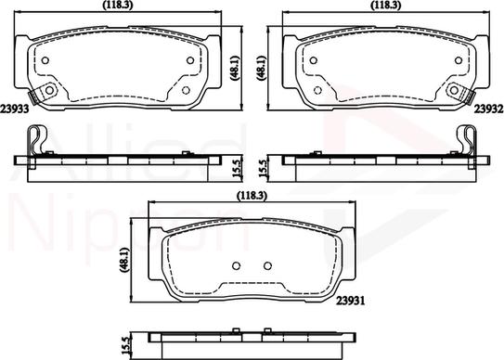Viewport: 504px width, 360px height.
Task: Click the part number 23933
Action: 15,109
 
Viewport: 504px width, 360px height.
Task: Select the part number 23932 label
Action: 489,109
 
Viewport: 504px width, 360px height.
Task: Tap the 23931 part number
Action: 351,301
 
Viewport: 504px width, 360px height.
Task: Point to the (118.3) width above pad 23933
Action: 117,5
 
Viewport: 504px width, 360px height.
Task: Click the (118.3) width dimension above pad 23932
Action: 386,5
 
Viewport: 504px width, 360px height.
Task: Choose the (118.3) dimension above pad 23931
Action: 252,196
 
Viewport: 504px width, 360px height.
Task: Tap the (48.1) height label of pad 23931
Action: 124,260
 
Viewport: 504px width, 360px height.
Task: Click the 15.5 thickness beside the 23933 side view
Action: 237,170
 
